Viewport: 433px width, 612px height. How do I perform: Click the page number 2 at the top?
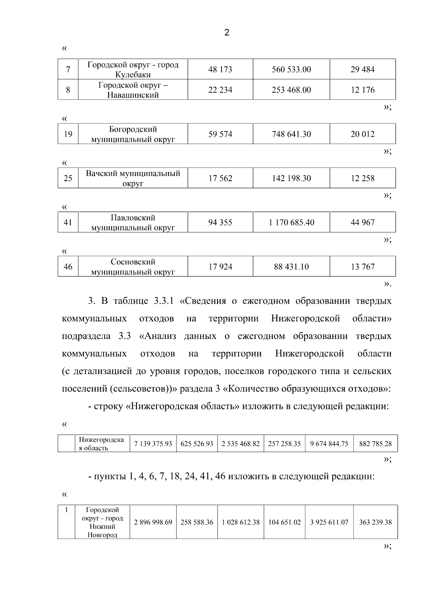pos(227,33)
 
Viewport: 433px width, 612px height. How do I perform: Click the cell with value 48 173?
pos(220,69)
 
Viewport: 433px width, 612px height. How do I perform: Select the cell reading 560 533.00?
pos(291,69)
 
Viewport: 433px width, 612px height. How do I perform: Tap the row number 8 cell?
pos(68,90)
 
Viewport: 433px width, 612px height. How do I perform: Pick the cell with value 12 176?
pos(363,90)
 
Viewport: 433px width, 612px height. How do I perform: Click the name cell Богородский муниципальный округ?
pos(133,134)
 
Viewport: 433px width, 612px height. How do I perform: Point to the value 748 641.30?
pos(291,134)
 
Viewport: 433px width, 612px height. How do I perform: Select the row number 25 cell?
pos(68,178)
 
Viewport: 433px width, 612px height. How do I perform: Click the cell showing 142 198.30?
pos(291,178)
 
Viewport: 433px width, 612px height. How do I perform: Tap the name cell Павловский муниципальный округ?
pos(133,223)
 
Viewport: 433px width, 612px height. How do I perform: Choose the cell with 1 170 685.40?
pos(291,223)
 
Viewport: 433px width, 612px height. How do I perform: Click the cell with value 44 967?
pos(363,223)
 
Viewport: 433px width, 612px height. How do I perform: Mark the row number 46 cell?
pos(68,267)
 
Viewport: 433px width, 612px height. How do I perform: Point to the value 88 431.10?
pos(291,267)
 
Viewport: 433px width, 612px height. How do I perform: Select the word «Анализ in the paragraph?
pos(158,336)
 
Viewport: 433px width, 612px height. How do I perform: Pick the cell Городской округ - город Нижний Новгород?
pos(102,522)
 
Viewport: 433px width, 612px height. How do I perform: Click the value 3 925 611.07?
pos(329,522)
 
